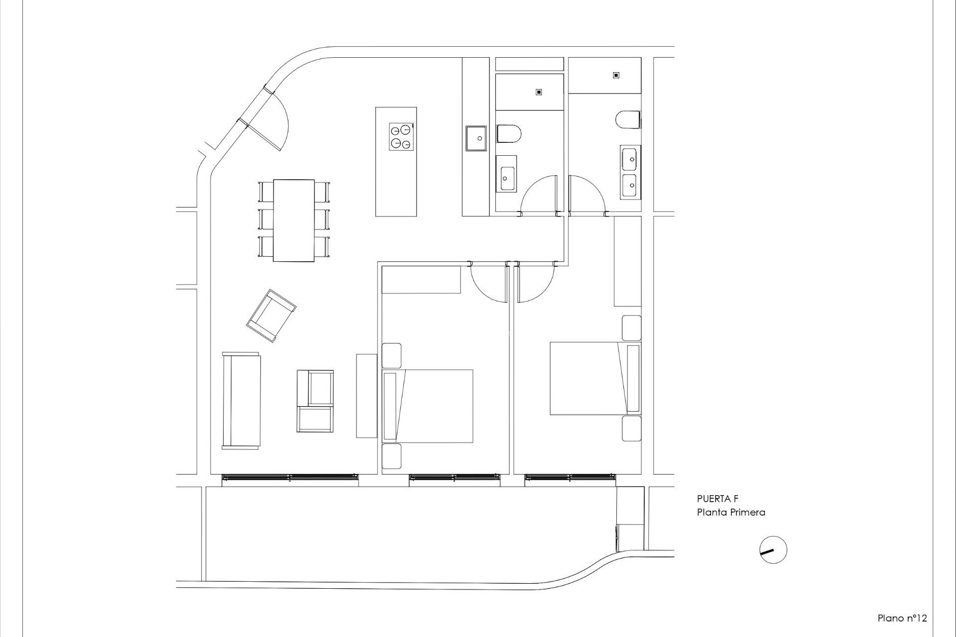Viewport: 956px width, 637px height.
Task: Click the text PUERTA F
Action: coord(717,499)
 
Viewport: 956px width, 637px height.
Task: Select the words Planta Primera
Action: coord(730,512)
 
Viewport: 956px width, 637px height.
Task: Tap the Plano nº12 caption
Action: coord(902,619)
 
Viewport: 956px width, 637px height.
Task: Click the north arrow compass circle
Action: coord(773,550)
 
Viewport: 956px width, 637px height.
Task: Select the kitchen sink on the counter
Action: coord(476,138)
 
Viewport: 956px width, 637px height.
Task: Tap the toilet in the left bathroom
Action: coord(508,134)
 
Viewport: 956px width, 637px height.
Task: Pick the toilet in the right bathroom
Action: coord(628,120)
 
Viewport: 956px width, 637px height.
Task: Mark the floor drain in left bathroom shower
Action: coord(538,92)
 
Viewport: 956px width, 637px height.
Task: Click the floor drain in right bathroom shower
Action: coord(616,75)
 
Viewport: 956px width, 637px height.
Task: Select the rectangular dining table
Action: coord(294,220)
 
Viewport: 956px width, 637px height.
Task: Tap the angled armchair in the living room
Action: coord(271,316)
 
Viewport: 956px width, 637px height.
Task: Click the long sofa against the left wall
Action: coord(241,401)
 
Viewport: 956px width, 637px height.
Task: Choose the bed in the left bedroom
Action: coord(428,406)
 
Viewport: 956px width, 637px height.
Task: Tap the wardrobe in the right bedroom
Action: coord(627,261)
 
